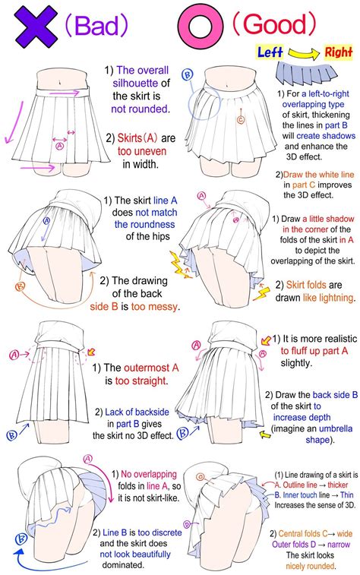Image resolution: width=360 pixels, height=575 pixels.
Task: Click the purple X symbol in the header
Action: pyautogui.click(x=36, y=27)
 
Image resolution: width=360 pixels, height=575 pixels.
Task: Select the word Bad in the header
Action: pyautogui.click(x=96, y=25)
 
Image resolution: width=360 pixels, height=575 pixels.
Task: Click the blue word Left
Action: pyautogui.click(x=270, y=52)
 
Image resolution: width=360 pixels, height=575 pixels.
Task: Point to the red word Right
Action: pyautogui.click(x=339, y=52)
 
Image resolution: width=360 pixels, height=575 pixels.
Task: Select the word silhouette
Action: pyautogui.click(x=135, y=84)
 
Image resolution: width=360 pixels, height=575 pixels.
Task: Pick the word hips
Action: pyautogui.click(x=159, y=236)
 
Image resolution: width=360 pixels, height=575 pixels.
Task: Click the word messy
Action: pyautogui.click(x=163, y=307)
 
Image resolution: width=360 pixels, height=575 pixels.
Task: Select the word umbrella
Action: pyautogui.click(x=336, y=428)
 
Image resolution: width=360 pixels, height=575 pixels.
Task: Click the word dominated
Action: pyautogui.click(x=123, y=565)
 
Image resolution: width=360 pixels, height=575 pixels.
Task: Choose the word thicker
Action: pyautogui.click(x=338, y=485)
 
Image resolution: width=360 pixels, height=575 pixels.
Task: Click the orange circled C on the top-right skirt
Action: pyautogui.click(x=241, y=119)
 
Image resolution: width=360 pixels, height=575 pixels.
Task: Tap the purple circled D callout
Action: pyautogui.click(x=187, y=525)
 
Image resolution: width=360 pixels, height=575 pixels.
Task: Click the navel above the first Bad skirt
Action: pyautogui.click(x=59, y=83)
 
